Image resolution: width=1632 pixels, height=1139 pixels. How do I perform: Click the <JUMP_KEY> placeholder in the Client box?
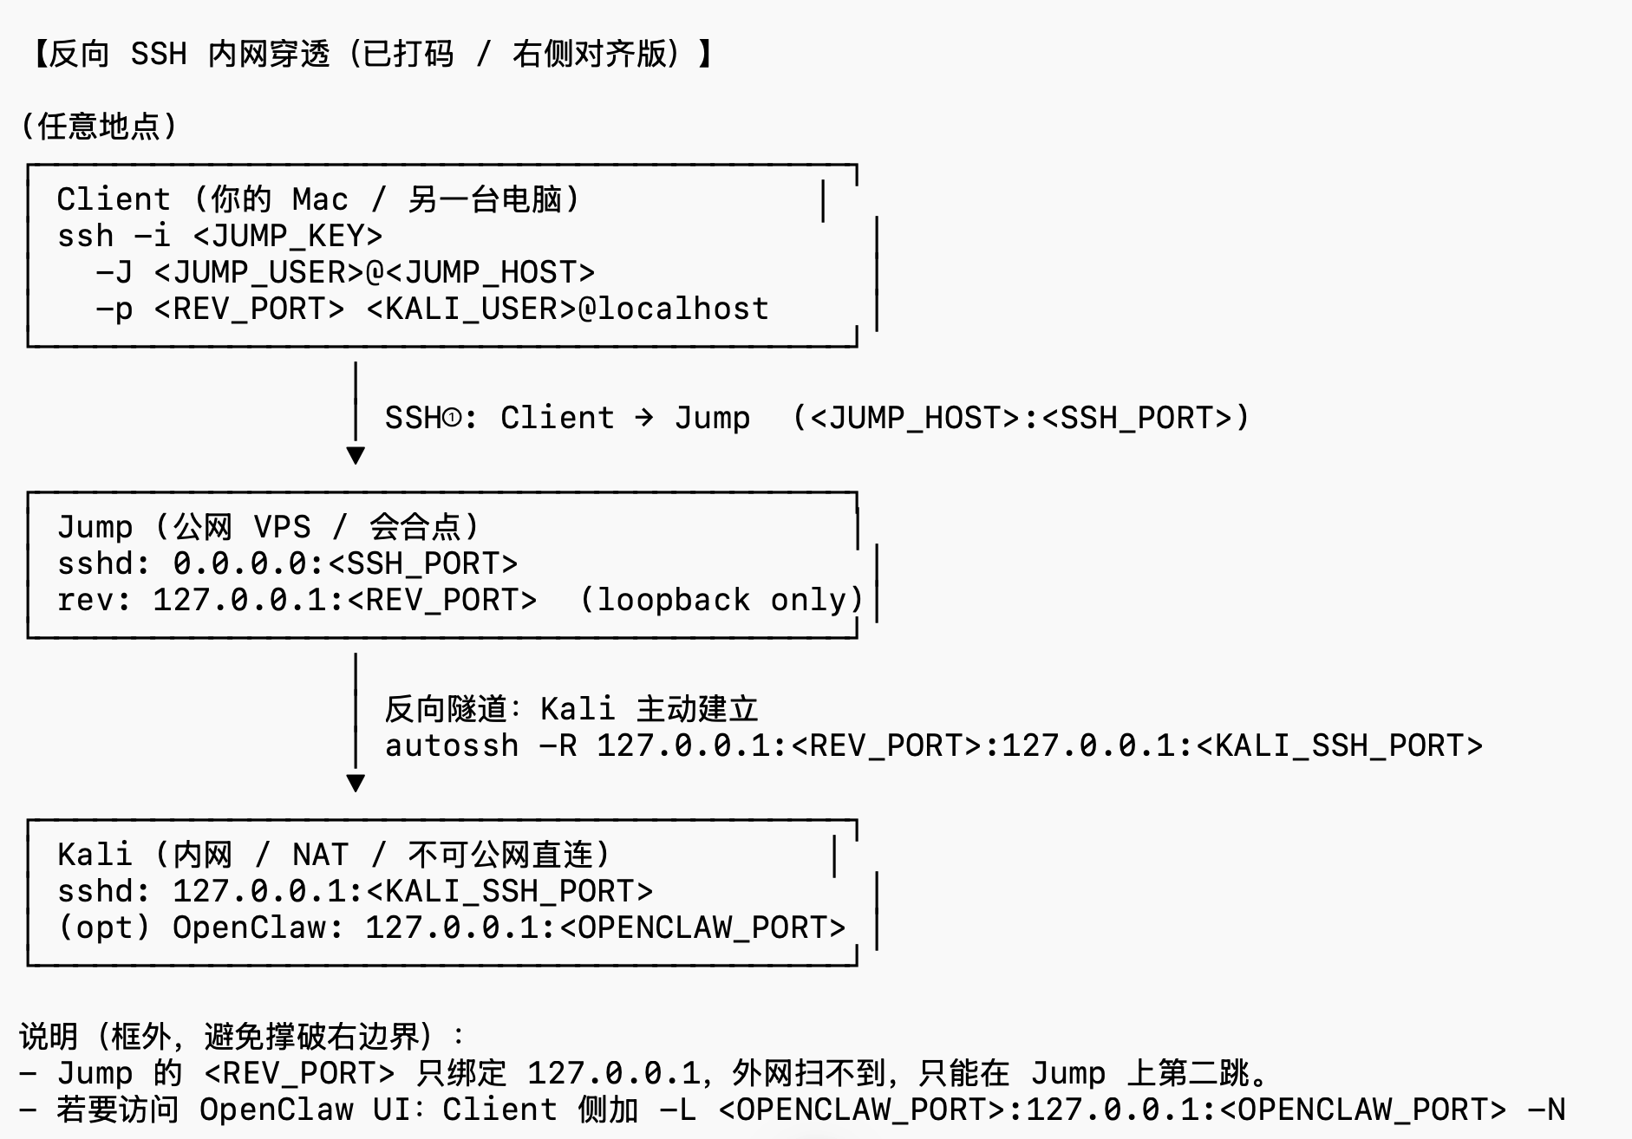[x=287, y=236]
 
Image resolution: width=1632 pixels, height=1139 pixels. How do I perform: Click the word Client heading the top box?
[x=114, y=199]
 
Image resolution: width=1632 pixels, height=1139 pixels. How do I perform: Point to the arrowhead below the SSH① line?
[x=356, y=455]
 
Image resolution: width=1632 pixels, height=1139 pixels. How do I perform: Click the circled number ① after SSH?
[x=452, y=418]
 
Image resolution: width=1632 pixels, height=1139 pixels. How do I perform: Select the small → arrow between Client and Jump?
[x=643, y=418]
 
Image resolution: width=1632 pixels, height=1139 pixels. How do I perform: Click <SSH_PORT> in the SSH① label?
[x=1137, y=418]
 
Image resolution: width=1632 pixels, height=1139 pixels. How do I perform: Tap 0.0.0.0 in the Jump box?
[x=240, y=563]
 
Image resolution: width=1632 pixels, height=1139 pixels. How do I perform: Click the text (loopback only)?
[x=721, y=600]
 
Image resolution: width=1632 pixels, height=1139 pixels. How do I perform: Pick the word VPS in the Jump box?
[x=282, y=527]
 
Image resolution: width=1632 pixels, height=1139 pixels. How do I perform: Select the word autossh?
[x=452, y=745]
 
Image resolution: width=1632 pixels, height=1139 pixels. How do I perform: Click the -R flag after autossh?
[x=558, y=745]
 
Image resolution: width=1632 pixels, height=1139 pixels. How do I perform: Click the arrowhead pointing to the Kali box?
[x=356, y=783]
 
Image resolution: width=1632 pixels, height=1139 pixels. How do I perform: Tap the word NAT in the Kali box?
[x=320, y=855]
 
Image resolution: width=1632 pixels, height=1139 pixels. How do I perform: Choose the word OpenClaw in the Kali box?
[x=249, y=927]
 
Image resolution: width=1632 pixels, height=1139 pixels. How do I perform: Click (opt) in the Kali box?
[x=104, y=927]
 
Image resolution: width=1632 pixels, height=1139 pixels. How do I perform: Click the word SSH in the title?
[x=159, y=54]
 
